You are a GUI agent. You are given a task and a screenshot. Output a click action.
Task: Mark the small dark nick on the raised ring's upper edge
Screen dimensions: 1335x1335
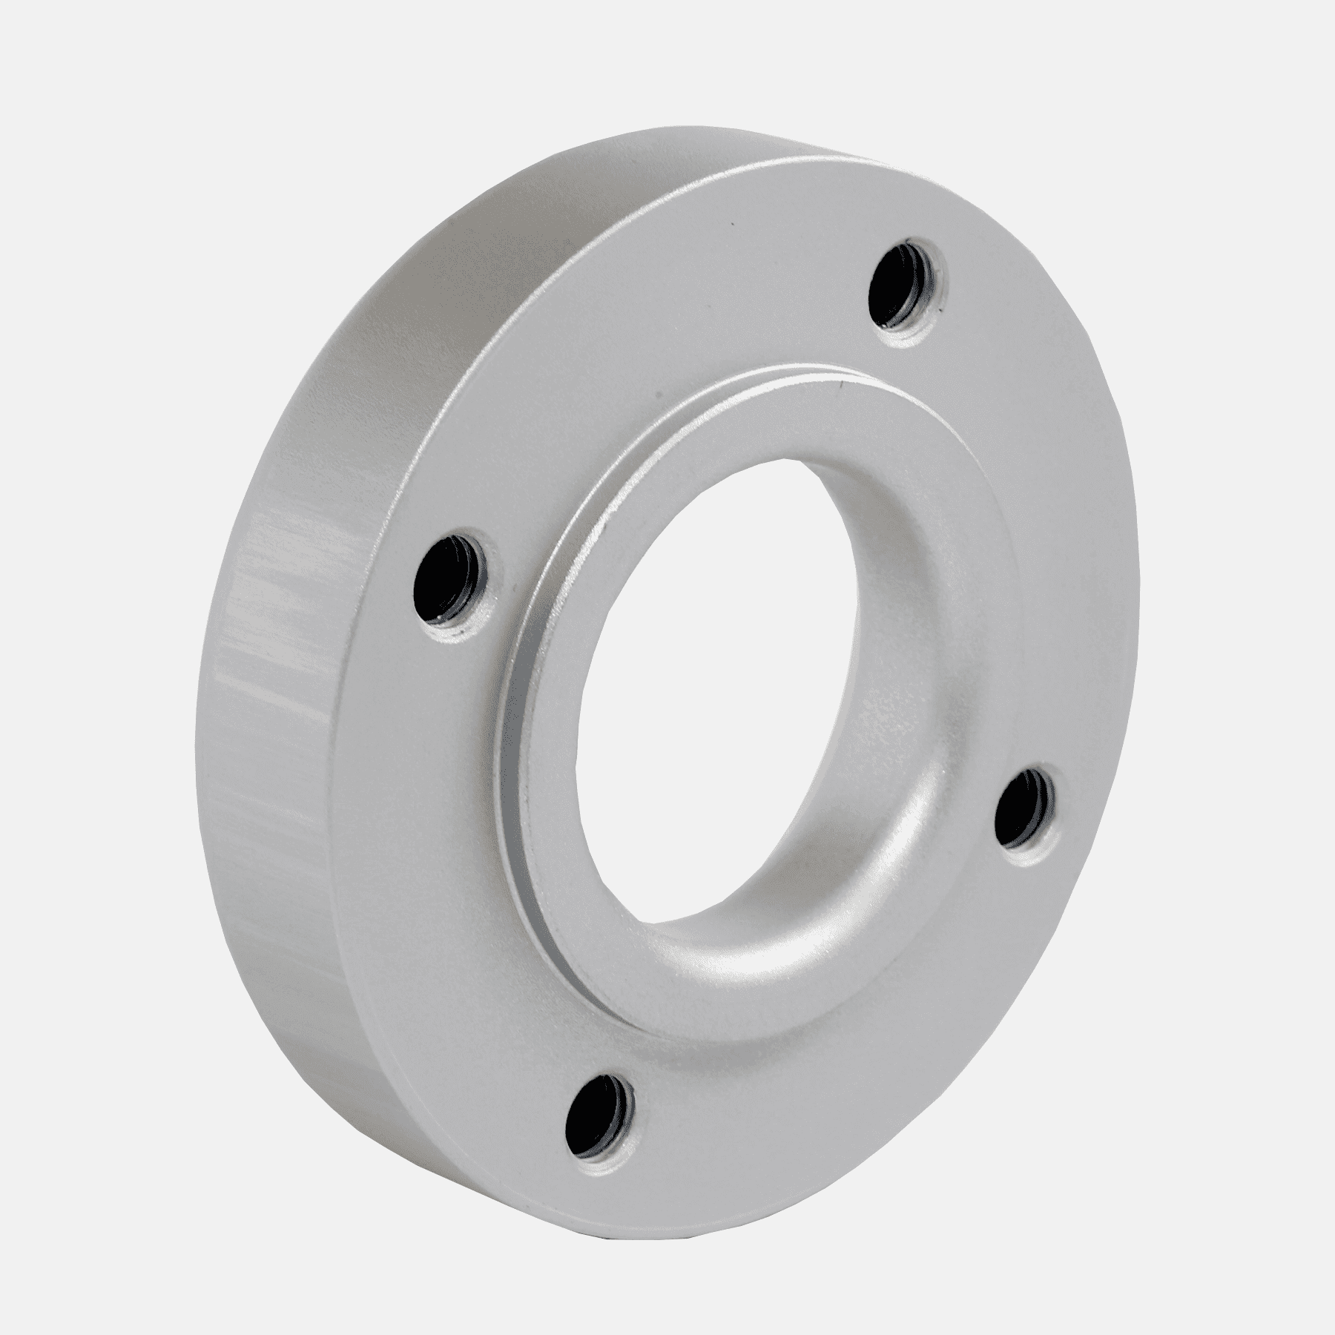click(x=838, y=384)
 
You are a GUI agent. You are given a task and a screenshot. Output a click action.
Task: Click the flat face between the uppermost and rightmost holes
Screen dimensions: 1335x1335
click(x=1038, y=519)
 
